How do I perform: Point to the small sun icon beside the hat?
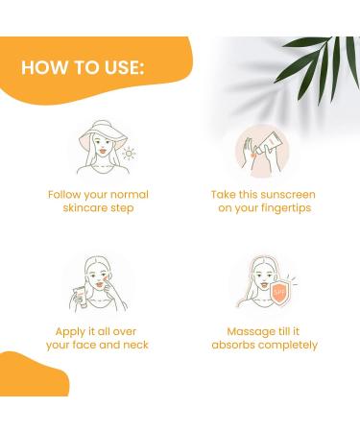coord(130,152)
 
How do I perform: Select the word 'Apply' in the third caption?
coord(64,330)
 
